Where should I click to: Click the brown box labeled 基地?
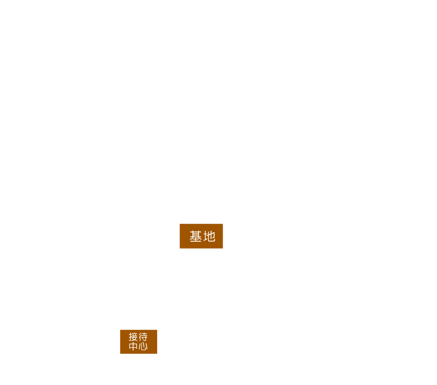click(201, 236)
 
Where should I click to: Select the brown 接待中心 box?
click(138, 342)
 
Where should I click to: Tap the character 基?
click(196, 236)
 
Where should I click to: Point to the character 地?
click(209, 236)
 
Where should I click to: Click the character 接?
click(133, 337)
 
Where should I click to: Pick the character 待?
click(143, 337)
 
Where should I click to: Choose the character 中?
click(133, 346)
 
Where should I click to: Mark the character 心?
click(143, 346)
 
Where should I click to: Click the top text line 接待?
click(138, 337)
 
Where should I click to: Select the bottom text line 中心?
click(138, 346)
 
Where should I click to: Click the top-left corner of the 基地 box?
click(180, 224)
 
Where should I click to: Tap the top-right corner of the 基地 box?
click(223, 224)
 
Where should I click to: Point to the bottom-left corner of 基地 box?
click(180, 248)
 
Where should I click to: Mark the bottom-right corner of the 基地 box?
click(223, 248)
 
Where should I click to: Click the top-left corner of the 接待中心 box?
click(120, 330)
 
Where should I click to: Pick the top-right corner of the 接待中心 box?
click(157, 330)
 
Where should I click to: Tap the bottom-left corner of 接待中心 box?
click(120, 354)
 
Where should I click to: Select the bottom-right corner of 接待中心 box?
click(157, 354)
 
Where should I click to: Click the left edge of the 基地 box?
click(180, 236)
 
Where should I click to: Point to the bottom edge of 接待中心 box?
click(138, 354)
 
